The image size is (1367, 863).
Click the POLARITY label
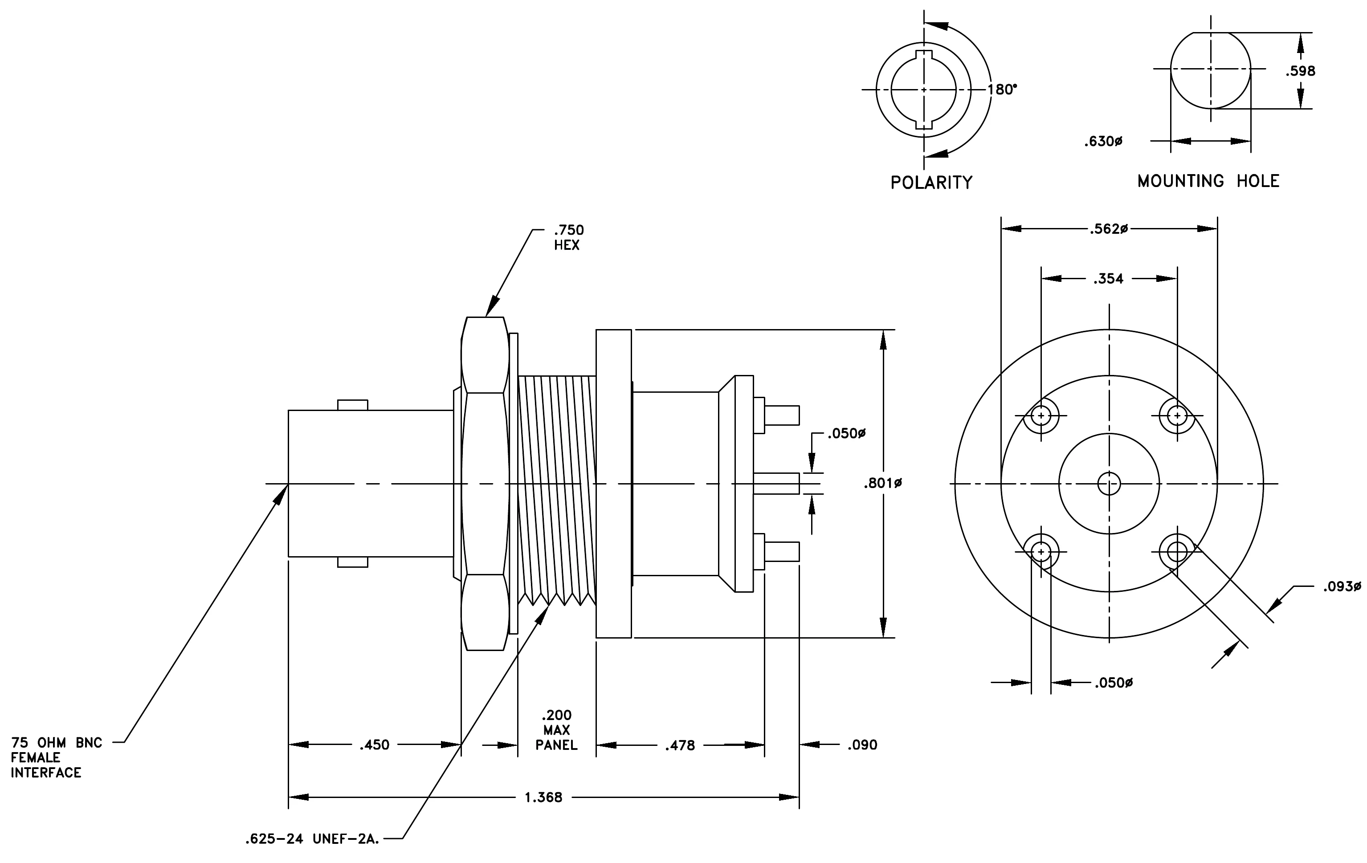click(x=931, y=183)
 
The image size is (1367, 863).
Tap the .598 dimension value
click(x=1300, y=71)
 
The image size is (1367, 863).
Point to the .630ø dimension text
click(x=1103, y=141)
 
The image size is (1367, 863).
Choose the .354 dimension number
click(x=1108, y=279)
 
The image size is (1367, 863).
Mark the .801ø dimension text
click(x=883, y=484)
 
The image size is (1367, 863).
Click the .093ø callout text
click(x=1342, y=586)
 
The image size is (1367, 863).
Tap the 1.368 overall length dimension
click(x=543, y=797)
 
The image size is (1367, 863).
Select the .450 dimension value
click(x=374, y=745)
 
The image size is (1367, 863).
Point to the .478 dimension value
click(x=680, y=745)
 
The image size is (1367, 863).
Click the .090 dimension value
click(x=862, y=745)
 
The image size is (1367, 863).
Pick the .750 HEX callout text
click(x=568, y=238)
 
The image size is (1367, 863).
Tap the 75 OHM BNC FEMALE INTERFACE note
click(x=57, y=757)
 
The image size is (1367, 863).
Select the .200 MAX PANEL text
click(x=556, y=730)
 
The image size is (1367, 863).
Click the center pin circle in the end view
click(x=1109, y=484)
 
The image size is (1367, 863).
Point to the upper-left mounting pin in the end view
click(x=1041, y=416)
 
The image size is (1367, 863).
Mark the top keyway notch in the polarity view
click(x=924, y=55)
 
